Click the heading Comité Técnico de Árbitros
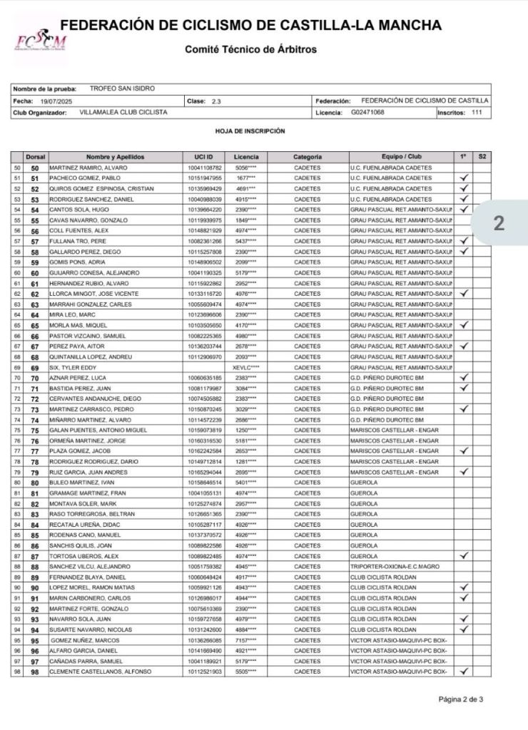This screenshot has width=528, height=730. (250, 50)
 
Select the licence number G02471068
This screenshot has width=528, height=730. (367, 113)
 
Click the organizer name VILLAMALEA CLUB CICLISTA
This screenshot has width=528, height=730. (123, 113)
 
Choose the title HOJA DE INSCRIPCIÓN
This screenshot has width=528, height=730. (250, 131)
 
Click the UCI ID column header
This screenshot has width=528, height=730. (204, 157)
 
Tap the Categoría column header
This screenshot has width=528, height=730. (308, 157)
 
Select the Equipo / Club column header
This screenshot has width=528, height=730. (402, 157)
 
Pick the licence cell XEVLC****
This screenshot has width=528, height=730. (246, 367)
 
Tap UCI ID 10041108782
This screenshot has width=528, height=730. (204, 168)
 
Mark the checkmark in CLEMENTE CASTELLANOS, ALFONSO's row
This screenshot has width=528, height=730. (464, 671)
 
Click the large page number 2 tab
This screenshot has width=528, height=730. (499, 224)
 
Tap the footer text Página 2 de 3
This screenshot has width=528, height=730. (461, 699)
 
